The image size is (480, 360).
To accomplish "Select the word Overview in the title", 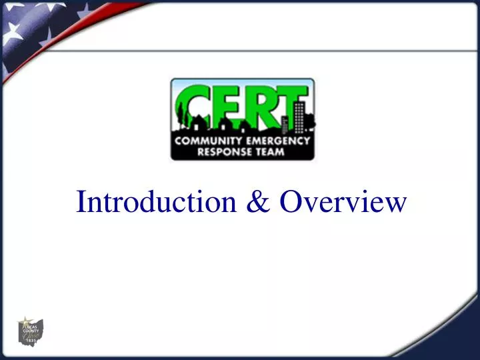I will click(x=341, y=202).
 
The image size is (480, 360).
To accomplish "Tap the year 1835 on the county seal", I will click(x=29, y=341).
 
